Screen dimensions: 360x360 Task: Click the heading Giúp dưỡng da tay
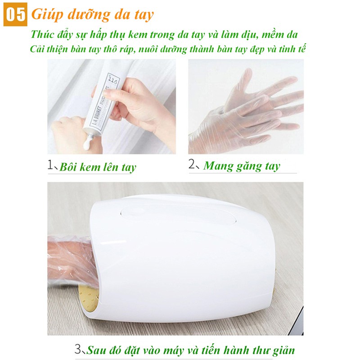[x=92, y=14]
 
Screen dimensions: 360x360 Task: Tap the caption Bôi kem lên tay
[x=98, y=168]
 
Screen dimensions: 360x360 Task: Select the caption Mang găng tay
[x=242, y=166]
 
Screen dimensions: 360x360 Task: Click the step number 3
[x=78, y=349]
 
